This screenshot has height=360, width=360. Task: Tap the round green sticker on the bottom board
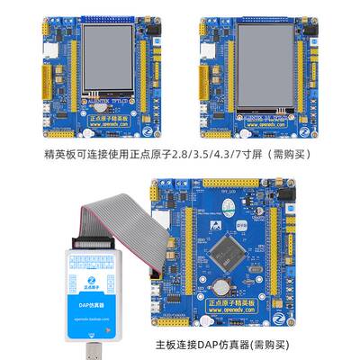[230, 211]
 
